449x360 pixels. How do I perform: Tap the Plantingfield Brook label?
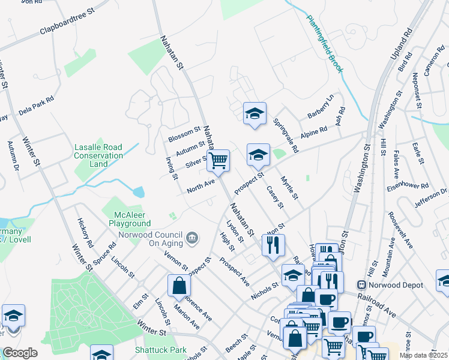[325, 44]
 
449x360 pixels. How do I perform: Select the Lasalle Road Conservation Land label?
[99, 155]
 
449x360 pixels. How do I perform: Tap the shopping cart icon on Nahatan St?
[218, 161]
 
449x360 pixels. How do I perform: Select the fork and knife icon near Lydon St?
[273, 245]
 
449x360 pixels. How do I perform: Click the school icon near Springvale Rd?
[255, 113]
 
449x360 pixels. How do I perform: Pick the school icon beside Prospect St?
[258, 155]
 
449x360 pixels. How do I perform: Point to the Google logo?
[20, 353]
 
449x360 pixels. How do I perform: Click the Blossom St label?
[184, 132]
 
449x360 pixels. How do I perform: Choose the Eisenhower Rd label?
[408, 188]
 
